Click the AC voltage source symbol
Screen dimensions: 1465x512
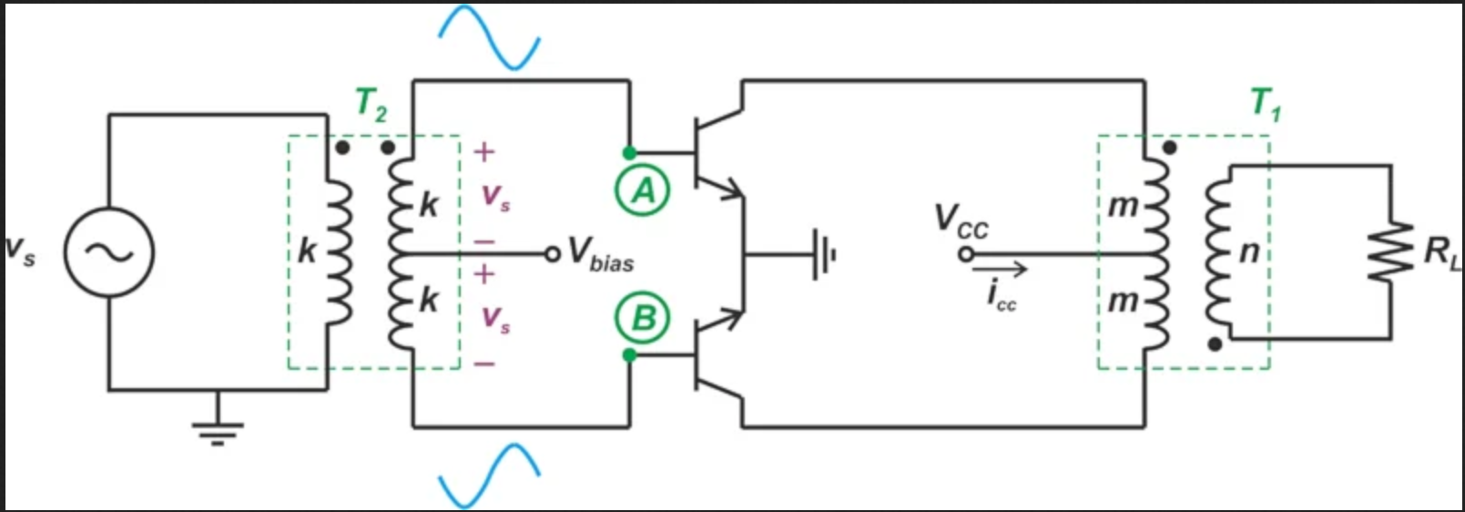(109, 252)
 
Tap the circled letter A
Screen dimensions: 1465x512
(642, 190)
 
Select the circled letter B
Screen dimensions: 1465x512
(642, 318)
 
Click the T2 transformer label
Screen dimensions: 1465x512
(371, 106)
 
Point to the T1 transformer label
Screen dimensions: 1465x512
(1266, 105)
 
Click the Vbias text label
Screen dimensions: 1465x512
(601, 254)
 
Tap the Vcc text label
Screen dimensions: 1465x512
(961, 221)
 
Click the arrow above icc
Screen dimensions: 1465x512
(1000, 269)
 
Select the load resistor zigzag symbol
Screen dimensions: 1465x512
(1390, 252)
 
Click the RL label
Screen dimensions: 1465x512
(1442, 253)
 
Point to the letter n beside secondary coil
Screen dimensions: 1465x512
(1249, 252)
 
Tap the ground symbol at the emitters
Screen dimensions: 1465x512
(824, 255)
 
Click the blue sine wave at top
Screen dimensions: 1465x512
(489, 36)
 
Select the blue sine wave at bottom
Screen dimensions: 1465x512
(489, 476)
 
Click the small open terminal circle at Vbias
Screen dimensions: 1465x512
(553, 254)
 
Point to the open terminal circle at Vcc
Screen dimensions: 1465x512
(966, 254)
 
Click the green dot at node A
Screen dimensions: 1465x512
(629, 153)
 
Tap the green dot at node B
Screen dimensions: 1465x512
(629, 355)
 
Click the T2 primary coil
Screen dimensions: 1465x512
(339, 252)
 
